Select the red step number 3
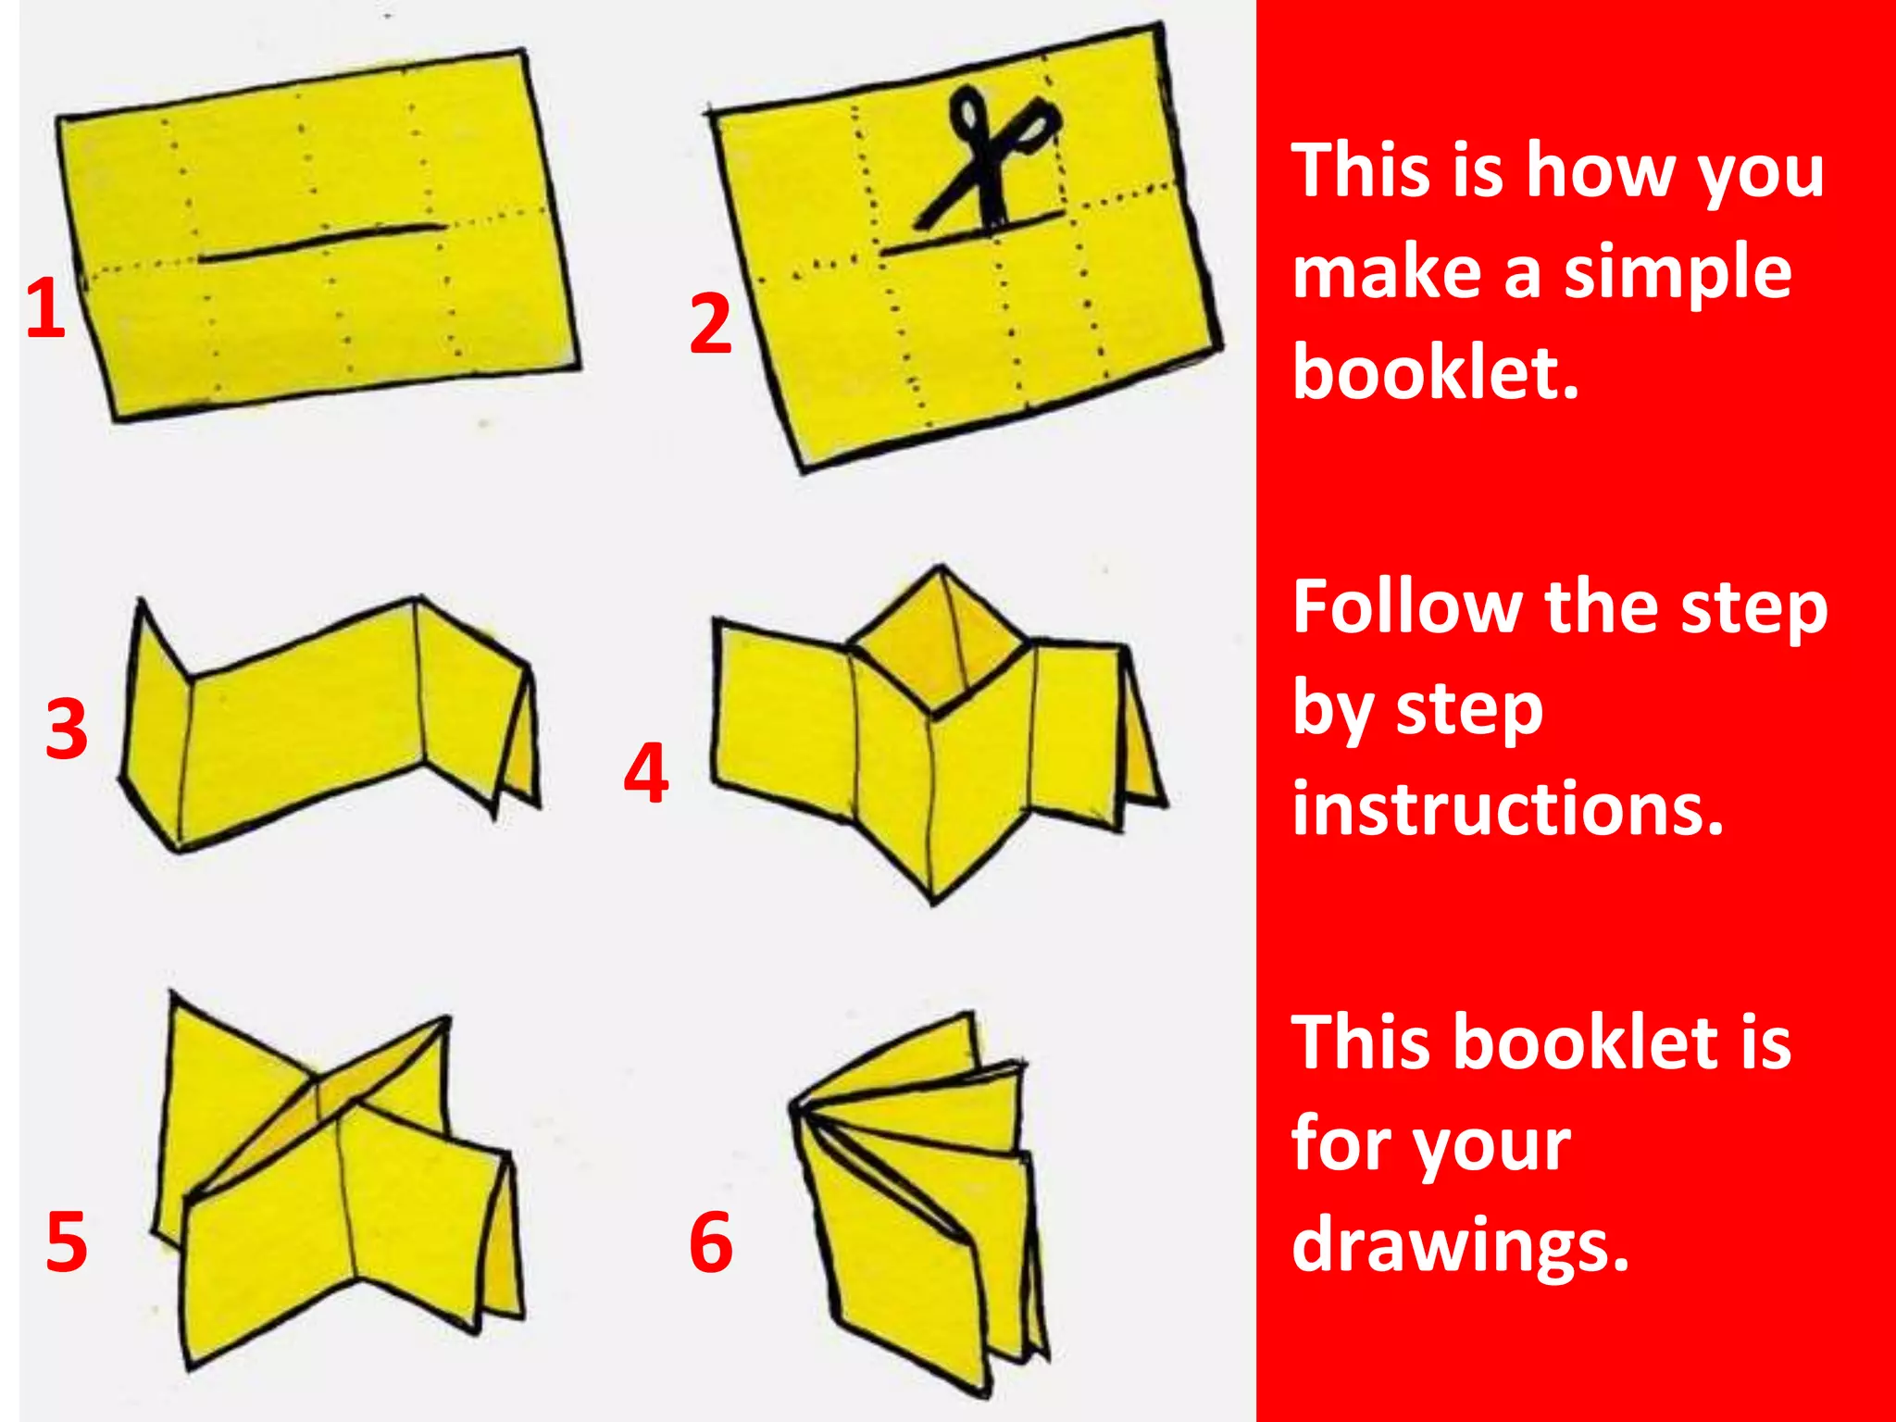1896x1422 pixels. pos(67,730)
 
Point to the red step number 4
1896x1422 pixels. pos(646,773)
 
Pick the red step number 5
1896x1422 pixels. pos(67,1241)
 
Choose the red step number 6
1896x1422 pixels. pos(711,1241)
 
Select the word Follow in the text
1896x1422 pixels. pos(1406,607)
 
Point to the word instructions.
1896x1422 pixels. pos(1507,807)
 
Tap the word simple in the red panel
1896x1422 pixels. pos(1677,272)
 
